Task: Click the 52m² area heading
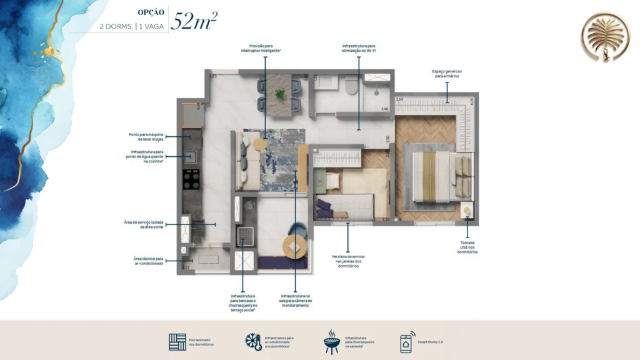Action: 195,21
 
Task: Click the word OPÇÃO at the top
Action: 151,12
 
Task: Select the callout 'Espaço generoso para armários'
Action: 446,74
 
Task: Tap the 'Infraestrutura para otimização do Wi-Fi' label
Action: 359,47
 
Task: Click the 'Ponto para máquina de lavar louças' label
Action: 147,136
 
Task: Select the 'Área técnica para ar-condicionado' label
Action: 148,261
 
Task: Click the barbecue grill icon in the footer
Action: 331,342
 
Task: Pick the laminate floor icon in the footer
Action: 177,342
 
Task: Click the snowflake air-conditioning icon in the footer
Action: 253,342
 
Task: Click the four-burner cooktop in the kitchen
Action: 191,179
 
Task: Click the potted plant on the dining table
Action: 279,94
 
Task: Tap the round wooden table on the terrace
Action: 294,247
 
